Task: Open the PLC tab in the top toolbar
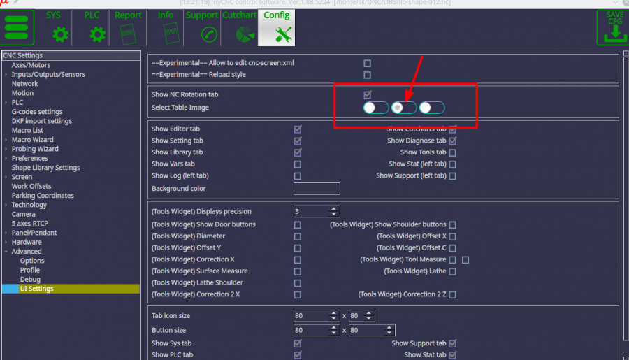click(92, 27)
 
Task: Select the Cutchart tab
click(240, 27)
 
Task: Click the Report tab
click(128, 27)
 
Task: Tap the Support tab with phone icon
click(203, 27)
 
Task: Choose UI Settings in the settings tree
click(36, 289)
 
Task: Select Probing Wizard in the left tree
click(35, 149)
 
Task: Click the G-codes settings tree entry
click(37, 112)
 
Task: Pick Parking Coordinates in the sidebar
click(43, 196)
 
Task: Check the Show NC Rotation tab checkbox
click(368, 94)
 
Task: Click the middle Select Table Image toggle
click(404, 108)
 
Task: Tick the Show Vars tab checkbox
click(298, 164)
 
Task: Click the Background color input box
click(317, 189)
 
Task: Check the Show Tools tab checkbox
click(452, 152)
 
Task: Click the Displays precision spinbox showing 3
click(312, 211)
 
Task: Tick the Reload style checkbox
click(368, 75)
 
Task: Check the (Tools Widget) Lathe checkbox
click(452, 271)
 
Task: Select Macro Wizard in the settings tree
click(32, 140)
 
